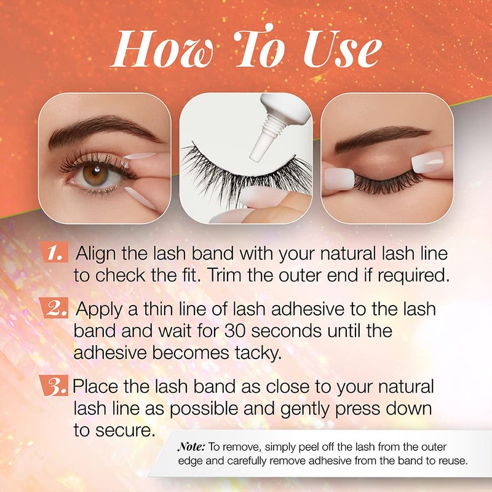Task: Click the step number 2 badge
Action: [60, 309]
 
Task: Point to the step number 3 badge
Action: [58, 387]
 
